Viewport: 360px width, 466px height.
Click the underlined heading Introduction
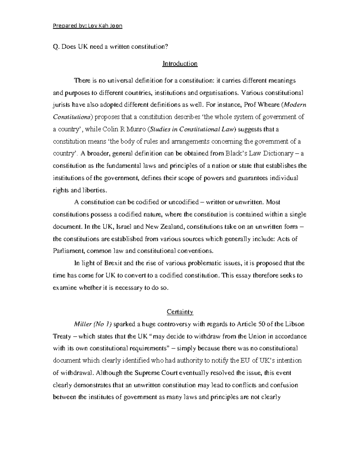180,64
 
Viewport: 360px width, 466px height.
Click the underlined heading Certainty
180,312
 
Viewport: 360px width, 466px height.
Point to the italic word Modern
295,105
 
